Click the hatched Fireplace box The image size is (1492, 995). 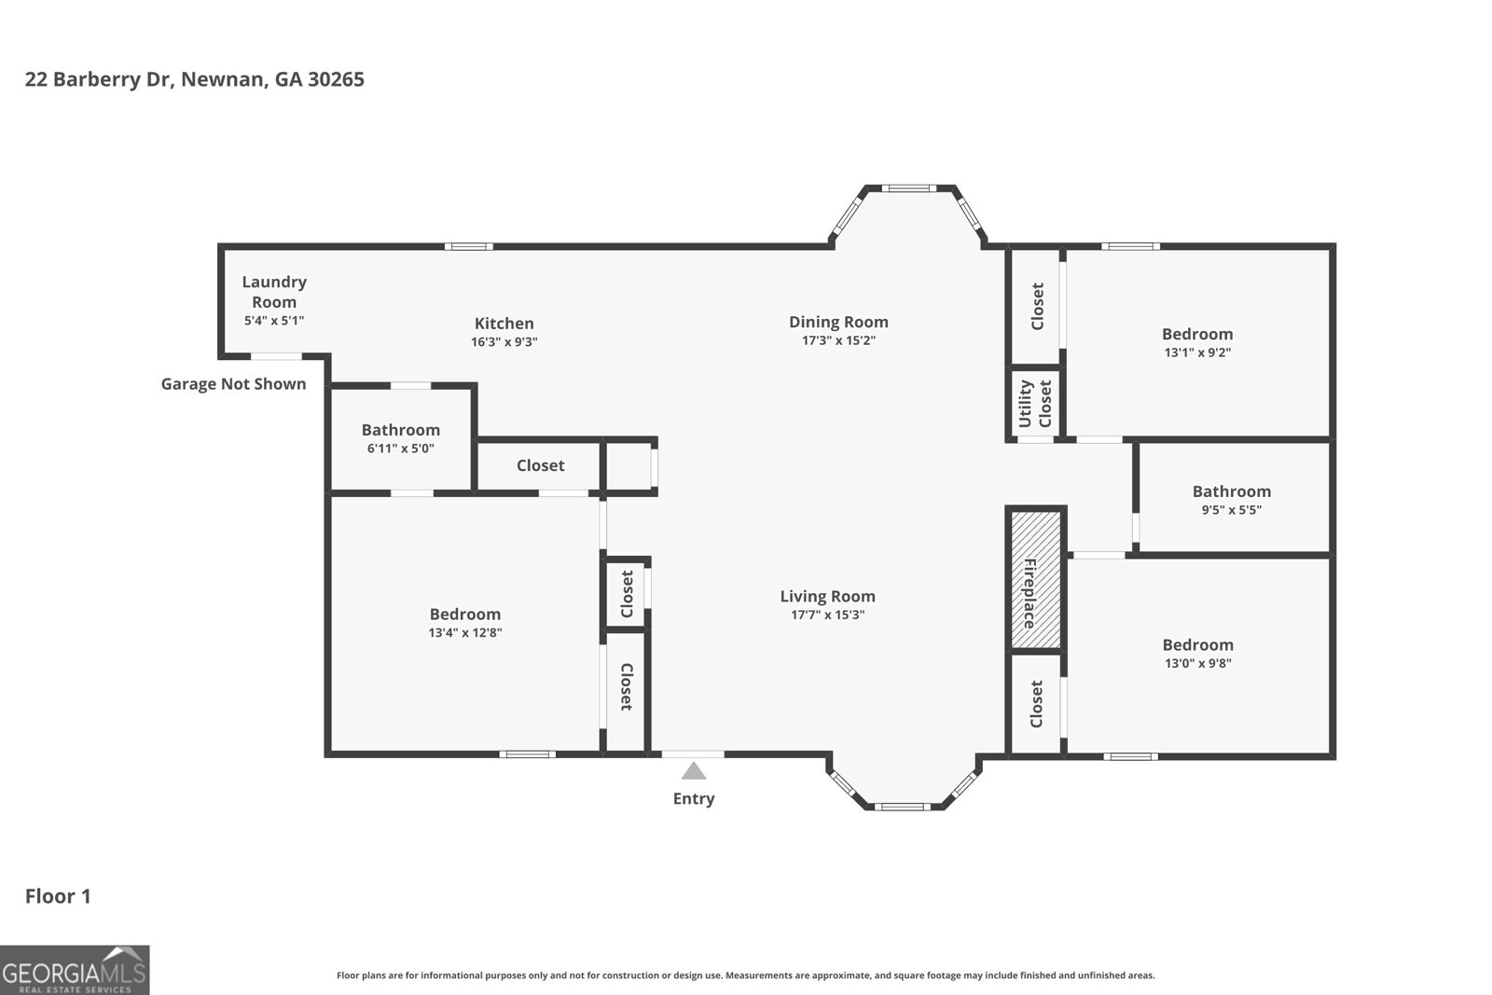point(1036,578)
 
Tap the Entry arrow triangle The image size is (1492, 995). point(693,771)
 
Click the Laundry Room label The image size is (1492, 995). point(274,291)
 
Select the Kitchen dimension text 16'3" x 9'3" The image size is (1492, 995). point(504,342)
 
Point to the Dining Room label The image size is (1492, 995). point(838,322)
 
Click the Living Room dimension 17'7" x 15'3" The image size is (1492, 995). point(827,615)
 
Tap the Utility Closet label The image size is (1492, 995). point(1035,403)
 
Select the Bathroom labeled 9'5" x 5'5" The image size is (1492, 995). point(1231,499)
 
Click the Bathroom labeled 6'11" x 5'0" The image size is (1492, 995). point(400,438)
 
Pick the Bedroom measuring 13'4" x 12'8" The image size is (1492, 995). point(464,622)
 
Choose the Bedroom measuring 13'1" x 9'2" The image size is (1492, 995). point(1197,342)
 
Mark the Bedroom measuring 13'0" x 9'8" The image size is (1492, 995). point(1197,653)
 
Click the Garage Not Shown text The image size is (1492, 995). point(233,384)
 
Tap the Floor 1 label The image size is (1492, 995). point(58,896)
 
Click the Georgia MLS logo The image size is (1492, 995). point(75,970)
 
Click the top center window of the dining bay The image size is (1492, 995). point(908,188)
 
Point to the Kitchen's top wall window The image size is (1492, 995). point(468,247)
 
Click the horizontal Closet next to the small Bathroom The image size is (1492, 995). point(540,465)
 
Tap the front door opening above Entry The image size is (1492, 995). point(693,753)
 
